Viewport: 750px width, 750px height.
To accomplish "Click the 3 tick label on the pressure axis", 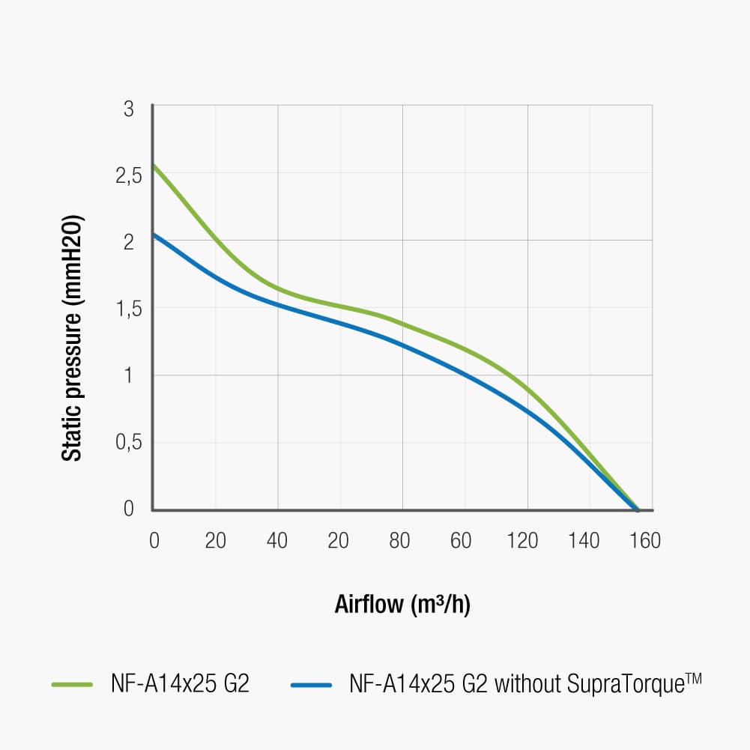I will click(128, 109).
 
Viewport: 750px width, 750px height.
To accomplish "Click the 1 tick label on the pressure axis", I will click(128, 375).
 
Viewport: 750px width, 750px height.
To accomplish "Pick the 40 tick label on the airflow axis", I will click(277, 540).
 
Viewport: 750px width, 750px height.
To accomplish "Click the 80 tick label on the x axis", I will click(400, 540).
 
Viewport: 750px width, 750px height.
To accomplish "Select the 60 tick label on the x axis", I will click(462, 540).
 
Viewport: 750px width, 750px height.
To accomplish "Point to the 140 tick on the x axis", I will click(583, 540).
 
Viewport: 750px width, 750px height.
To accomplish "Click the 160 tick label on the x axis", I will click(644, 540).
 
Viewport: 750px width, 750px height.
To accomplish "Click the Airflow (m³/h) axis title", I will click(402, 604).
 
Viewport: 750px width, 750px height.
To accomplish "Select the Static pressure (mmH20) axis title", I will click(71, 339).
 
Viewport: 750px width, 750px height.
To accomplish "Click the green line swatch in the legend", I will click(72, 685).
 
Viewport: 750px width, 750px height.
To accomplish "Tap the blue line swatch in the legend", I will click(312, 685).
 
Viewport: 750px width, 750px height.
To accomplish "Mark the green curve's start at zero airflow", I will click(153, 165).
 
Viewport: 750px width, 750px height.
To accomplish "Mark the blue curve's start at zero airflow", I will click(153, 234).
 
